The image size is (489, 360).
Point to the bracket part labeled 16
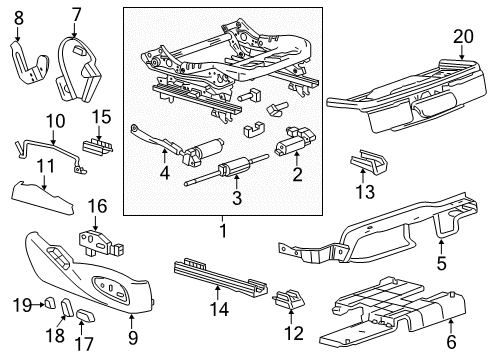[97, 243]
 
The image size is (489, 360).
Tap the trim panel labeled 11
[45, 191]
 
